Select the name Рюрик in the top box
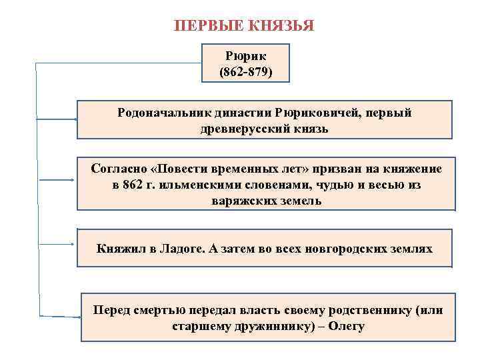tap(245, 56)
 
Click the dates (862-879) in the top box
tap(245, 71)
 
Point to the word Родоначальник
tap(160, 113)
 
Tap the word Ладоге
tap(182, 249)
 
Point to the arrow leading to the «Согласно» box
tap(57, 180)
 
